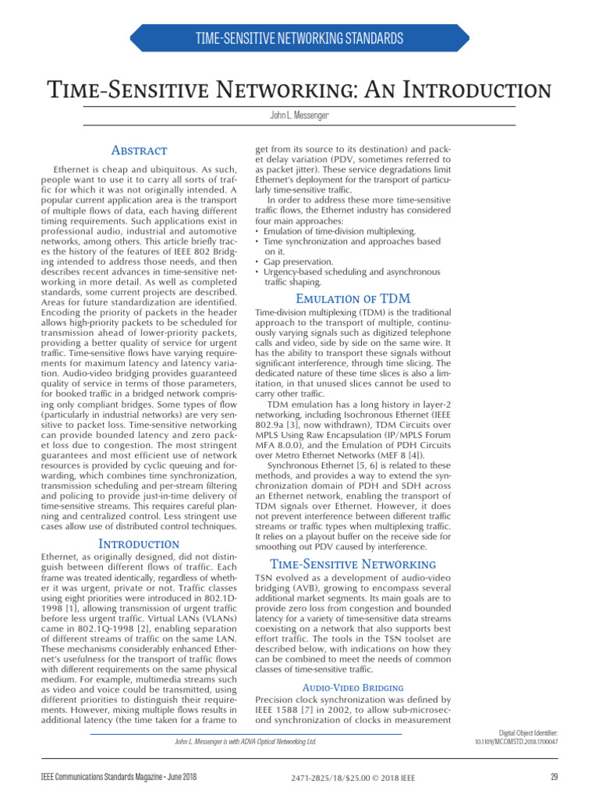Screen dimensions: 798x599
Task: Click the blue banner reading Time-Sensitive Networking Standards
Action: pos(299,38)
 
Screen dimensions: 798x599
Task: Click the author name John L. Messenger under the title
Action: pos(299,115)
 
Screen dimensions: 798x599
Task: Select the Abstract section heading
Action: pos(139,150)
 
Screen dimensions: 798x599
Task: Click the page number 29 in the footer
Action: pos(554,776)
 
